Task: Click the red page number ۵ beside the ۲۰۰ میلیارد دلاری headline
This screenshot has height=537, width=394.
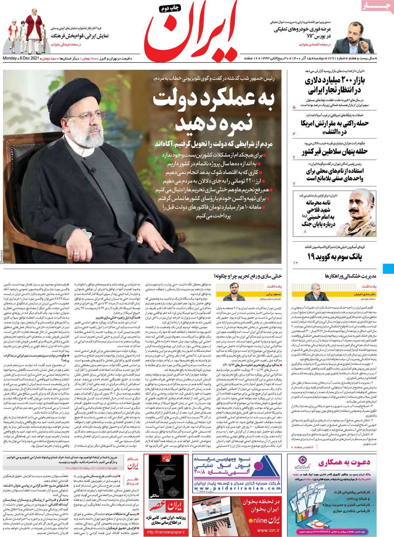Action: (x=294, y=107)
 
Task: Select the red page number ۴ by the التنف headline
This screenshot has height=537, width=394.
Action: (x=294, y=133)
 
